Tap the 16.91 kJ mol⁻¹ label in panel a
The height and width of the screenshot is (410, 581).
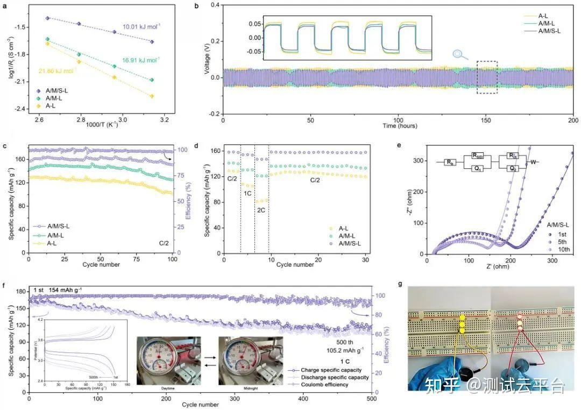point(143,60)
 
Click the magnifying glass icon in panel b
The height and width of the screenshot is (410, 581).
point(458,54)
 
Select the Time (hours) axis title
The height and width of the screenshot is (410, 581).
point(398,125)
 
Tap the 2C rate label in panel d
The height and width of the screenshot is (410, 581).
point(261,210)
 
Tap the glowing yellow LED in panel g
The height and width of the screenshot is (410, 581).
point(462,324)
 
